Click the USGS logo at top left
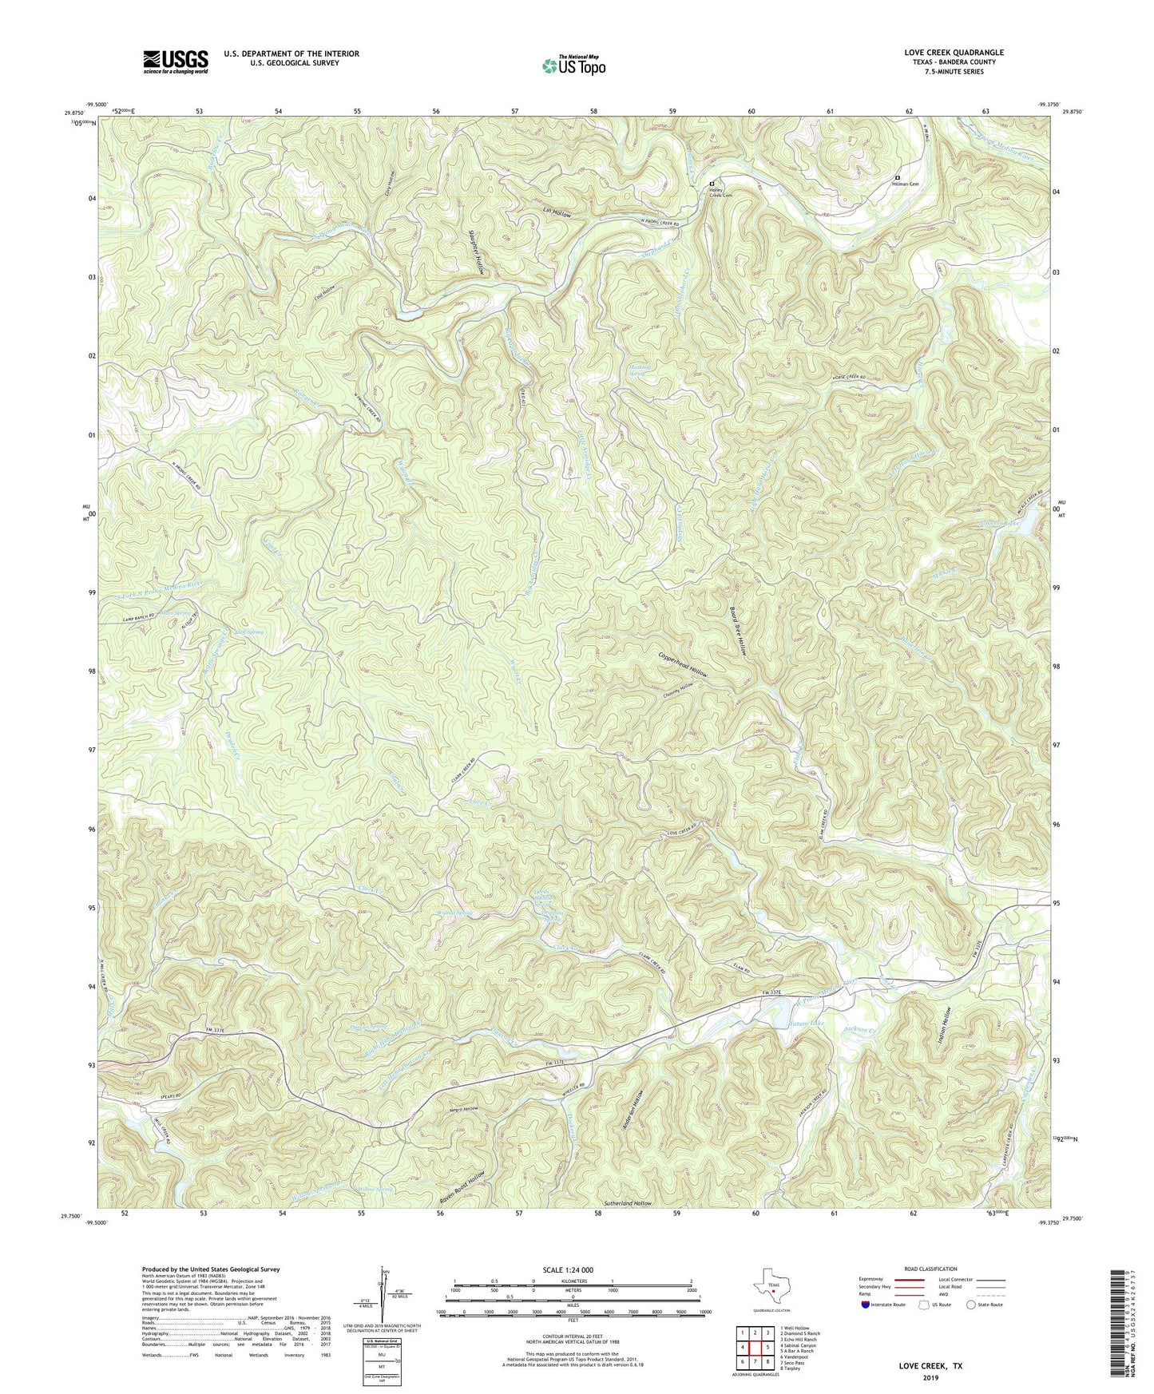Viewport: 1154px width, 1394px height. pos(175,61)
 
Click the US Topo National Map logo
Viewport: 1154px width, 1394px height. pos(573,65)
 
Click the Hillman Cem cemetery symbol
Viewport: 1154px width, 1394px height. pos(898,178)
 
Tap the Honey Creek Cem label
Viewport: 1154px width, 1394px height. pos(721,192)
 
